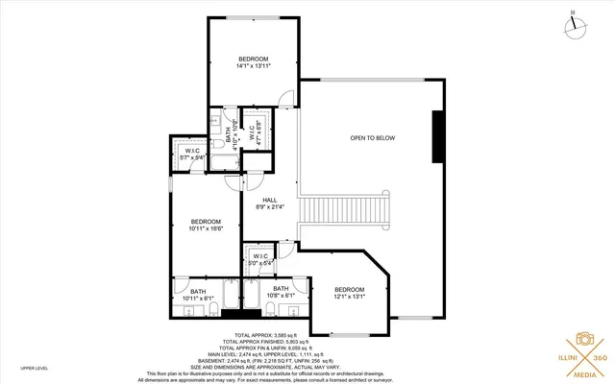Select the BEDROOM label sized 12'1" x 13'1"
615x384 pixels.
[x=349, y=293]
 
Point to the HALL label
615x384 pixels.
[x=269, y=203]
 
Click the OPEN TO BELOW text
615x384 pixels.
[x=372, y=138]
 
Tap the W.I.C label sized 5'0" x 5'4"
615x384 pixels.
[x=260, y=258]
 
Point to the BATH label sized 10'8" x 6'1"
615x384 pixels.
[x=281, y=292]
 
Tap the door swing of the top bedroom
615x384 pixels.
[x=286, y=97]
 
